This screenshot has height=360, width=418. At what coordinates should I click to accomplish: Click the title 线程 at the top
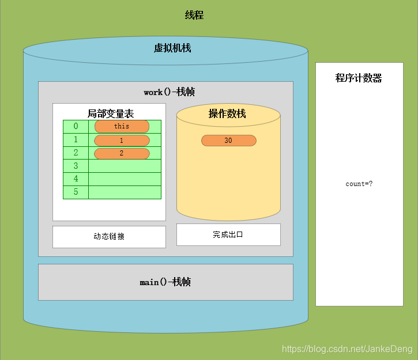click(194, 16)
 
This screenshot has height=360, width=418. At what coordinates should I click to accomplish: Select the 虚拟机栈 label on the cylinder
click(172, 48)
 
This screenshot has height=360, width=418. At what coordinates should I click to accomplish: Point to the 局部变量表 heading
click(111, 113)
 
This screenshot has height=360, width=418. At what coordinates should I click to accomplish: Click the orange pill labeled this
click(122, 127)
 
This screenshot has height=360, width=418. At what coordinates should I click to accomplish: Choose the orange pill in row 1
click(122, 141)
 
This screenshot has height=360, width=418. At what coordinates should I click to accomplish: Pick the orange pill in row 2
click(122, 153)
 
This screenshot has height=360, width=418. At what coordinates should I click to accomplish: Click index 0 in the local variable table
click(76, 126)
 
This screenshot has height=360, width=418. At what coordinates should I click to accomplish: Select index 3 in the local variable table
click(76, 166)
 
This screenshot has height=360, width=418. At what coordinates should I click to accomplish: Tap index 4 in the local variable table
click(76, 179)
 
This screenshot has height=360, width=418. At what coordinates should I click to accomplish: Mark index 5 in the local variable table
click(76, 192)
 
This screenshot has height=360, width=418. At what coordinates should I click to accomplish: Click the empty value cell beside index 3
click(125, 166)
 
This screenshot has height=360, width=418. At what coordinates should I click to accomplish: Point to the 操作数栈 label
click(227, 113)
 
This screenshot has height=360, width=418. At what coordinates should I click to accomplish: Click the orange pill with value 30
click(228, 141)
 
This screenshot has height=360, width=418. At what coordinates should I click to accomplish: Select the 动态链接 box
click(109, 237)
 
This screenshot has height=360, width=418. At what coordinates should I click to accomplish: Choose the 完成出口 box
click(228, 234)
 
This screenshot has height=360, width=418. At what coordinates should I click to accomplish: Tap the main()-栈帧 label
click(165, 282)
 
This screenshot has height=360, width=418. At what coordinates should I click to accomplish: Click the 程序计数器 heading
click(359, 78)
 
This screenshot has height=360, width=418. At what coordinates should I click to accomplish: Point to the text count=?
click(359, 184)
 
